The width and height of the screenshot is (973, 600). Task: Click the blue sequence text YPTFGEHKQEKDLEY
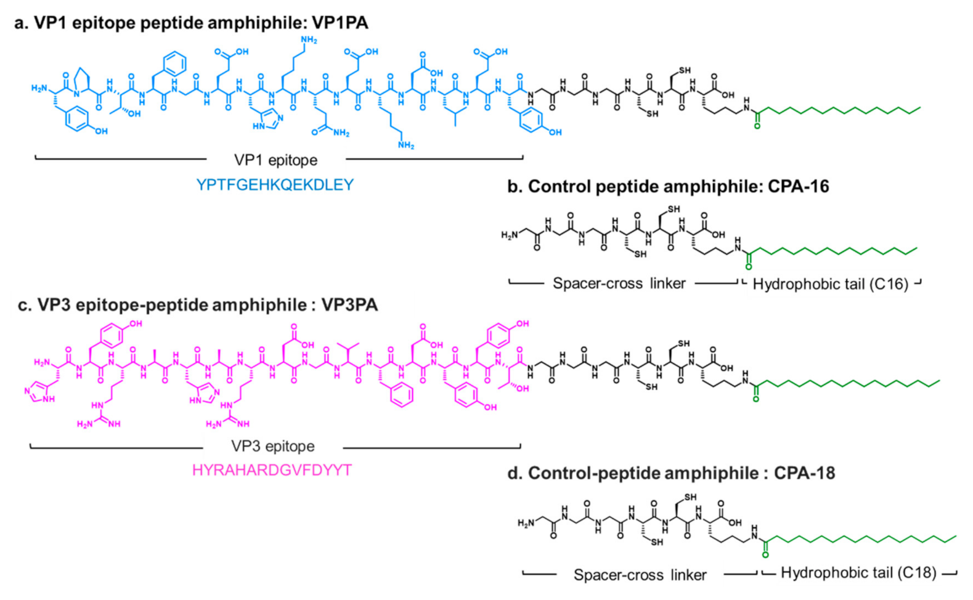275,185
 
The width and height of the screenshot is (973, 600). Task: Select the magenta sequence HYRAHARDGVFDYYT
272,471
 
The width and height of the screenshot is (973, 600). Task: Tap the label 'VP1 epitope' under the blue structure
275,160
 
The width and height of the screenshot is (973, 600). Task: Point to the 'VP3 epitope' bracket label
272,446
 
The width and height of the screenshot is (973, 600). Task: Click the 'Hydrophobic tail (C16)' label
830,284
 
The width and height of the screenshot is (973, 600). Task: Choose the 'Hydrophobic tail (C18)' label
858,573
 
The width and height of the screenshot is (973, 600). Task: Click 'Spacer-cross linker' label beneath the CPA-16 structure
619,283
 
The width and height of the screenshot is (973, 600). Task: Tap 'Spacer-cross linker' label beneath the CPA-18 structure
640,575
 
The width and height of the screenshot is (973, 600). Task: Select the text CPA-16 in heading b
798,187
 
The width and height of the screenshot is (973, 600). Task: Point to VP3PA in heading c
349,305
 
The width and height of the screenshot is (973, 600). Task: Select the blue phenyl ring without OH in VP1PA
175,64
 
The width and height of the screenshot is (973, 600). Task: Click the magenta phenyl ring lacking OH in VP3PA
401,394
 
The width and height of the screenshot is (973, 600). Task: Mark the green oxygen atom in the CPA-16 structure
749,267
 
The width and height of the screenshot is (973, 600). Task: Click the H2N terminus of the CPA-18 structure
526,524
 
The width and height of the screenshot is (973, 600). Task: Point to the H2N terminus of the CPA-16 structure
510,235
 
